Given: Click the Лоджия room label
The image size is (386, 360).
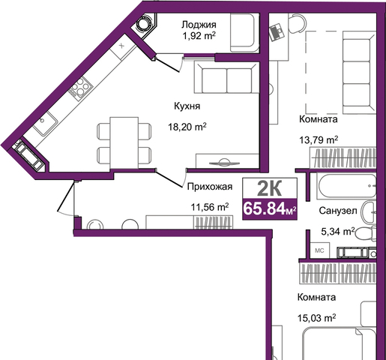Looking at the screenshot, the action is pos(199,25).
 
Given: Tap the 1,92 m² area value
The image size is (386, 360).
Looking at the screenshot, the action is pos(199,36).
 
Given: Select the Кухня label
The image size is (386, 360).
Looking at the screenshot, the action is pos(187,106).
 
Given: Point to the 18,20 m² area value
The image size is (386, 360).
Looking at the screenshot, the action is pos(187,127).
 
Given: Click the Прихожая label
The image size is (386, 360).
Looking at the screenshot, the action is pos(210,187).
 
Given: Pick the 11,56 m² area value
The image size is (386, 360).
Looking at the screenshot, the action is pos(210,207).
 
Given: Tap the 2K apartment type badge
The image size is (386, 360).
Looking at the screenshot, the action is pos(270,189).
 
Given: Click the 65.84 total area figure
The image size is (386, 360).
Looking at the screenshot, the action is pos(264,208).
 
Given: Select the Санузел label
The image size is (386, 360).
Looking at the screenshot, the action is pos(338,211).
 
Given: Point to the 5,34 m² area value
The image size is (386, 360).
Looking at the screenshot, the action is pos(338,232).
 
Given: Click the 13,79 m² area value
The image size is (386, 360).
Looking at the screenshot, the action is pos(319,140).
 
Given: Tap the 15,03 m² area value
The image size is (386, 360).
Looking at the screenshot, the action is pos(316,318).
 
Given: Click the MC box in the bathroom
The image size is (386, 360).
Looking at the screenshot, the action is pos(320,250).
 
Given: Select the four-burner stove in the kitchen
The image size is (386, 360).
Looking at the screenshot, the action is pos(81,87).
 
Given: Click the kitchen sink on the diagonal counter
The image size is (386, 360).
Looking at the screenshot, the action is pos(46,122).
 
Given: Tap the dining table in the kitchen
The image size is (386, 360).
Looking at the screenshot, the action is pos(124,143).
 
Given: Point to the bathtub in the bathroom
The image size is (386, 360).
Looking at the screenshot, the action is pos(346,186).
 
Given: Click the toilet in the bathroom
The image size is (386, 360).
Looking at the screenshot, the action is pos(365,233).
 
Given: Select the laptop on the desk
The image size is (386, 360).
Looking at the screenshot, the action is pos(277,32).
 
